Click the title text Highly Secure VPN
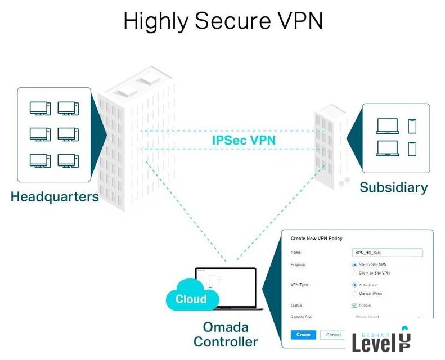[x=223, y=22]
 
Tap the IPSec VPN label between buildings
[x=244, y=139]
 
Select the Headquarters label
[x=55, y=197]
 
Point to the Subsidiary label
[x=393, y=187]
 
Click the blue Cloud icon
[x=191, y=299]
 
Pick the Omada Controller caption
[x=226, y=334]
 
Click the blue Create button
[x=303, y=335]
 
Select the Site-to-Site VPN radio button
[x=354, y=264]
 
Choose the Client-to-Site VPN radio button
[x=354, y=273]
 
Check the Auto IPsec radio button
[x=354, y=285]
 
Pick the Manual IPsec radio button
[x=354, y=294]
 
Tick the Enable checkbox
[x=354, y=305]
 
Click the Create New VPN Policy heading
[x=316, y=238]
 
